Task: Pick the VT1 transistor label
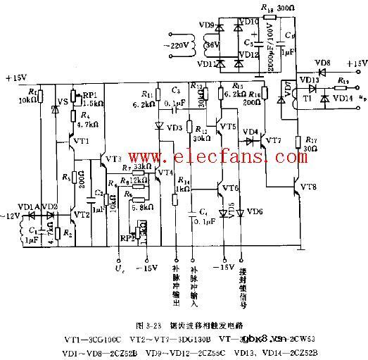(81, 141)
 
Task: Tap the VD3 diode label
(175, 128)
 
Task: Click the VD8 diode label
(326, 63)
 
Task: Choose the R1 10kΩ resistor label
(33, 96)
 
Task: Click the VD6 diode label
(258, 212)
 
